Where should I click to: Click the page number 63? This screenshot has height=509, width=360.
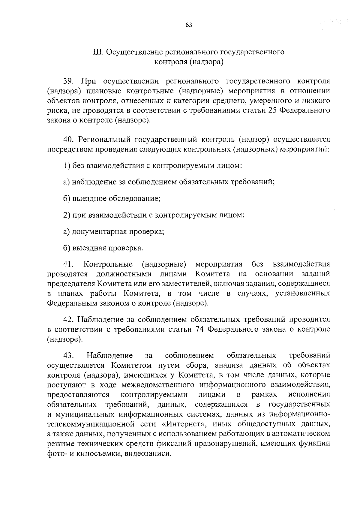[x=189, y=25]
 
